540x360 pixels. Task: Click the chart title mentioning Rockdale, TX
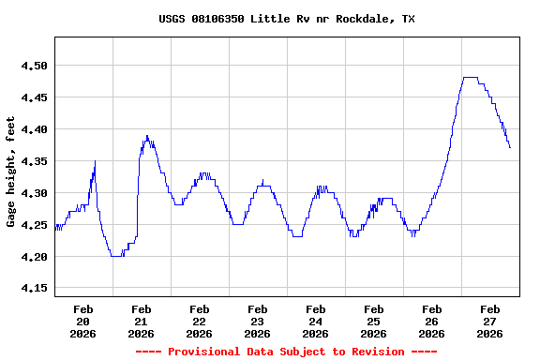286,19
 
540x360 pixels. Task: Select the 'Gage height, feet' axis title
11,172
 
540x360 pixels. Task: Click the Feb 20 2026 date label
83,321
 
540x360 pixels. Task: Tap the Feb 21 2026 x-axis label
142,321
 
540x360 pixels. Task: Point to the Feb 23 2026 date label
258,321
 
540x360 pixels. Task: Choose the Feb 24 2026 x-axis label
316,321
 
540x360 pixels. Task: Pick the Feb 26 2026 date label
432,321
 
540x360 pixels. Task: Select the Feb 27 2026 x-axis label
490,321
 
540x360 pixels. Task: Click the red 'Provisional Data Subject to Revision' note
286,352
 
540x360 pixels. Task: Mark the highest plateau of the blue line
471,78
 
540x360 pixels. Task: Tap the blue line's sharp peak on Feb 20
95,162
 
